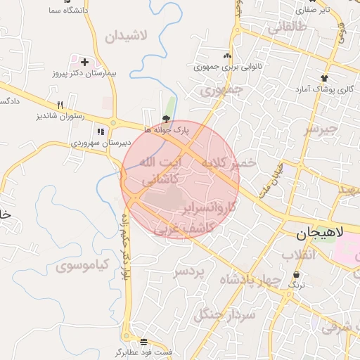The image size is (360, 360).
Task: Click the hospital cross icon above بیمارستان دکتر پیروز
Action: (x=84, y=62)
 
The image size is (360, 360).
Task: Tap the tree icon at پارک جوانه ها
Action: (x=166, y=119)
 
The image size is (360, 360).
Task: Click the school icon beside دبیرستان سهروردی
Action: (x=100, y=131)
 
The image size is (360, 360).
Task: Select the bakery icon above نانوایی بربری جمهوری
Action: (x=226, y=56)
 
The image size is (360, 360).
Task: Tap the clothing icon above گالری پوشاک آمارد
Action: (x=323, y=77)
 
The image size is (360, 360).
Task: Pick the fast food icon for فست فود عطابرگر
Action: (x=143, y=341)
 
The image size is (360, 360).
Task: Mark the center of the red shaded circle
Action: (x=181, y=180)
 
